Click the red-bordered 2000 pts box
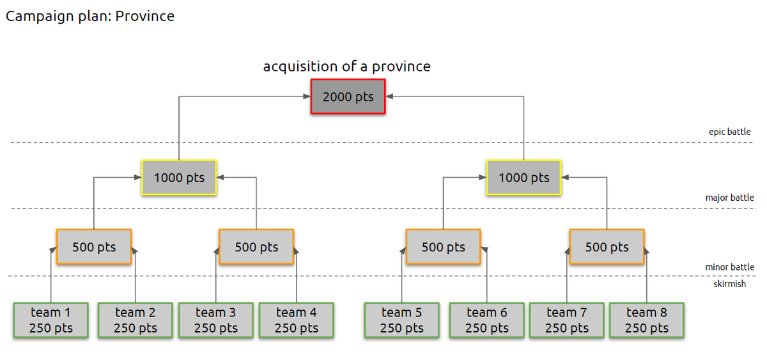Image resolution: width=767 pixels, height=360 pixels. [x=348, y=97]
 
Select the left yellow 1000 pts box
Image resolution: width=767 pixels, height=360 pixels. [x=179, y=177]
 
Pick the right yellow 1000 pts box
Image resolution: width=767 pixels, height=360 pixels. [x=523, y=177]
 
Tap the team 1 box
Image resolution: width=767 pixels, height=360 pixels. [x=50, y=320]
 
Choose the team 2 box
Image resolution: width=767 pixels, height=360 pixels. [x=135, y=320]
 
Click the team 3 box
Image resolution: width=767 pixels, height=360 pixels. [x=215, y=320]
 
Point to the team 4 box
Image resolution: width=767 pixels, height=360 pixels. [x=296, y=320]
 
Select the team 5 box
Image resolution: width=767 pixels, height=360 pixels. [x=401, y=320]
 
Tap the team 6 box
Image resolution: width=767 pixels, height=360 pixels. [x=486, y=320]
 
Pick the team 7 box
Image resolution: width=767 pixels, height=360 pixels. [x=566, y=320]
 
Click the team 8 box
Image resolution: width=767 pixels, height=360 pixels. [x=646, y=320]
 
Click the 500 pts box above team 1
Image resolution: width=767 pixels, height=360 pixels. [x=94, y=247]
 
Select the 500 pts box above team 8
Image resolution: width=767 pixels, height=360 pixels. [x=607, y=247]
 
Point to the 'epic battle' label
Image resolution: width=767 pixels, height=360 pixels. [x=729, y=132]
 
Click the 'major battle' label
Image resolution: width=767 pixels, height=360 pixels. [x=729, y=198]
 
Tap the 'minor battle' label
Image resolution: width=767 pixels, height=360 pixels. [x=729, y=267]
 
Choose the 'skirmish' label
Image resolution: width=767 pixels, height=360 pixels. [x=729, y=283]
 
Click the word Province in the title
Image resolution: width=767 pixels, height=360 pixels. [x=145, y=16]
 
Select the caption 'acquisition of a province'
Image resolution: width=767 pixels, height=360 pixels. [x=347, y=66]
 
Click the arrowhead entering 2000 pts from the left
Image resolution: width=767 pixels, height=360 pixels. [x=306, y=97]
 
